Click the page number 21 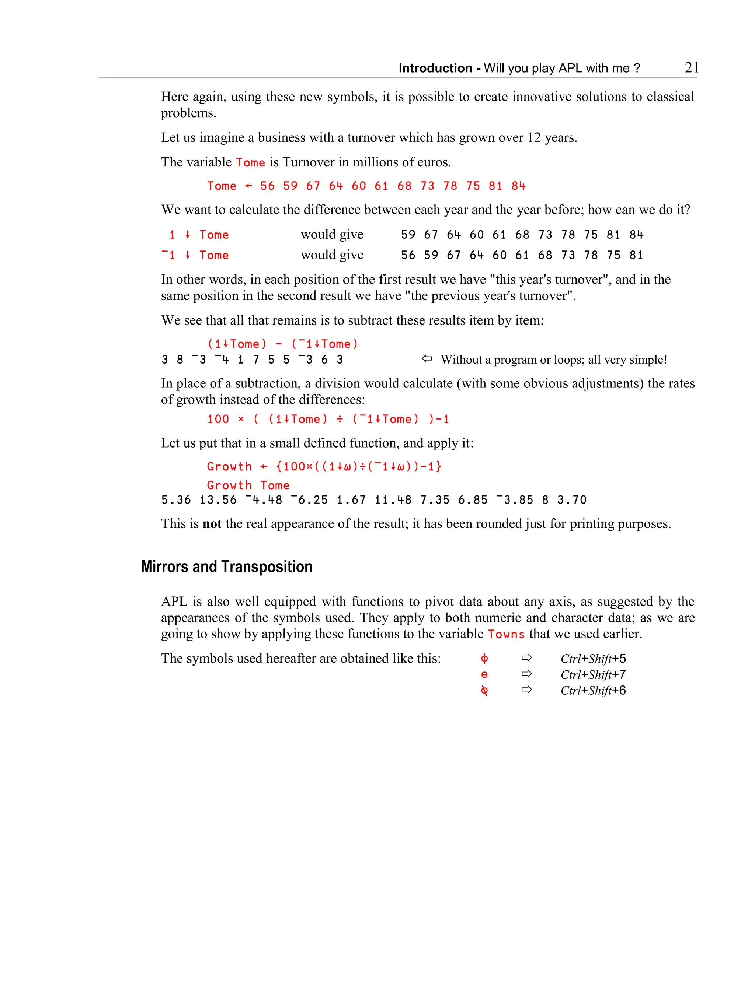pos(691,67)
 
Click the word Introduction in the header pos(435,68)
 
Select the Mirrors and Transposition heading pos(226,567)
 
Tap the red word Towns pos(506,634)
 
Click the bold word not pos(212,523)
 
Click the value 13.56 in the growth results pos(218,500)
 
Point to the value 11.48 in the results pos(393,500)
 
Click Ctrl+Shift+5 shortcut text pos(593,659)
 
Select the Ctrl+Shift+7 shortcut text pos(593,674)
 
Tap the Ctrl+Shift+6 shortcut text pos(593,690)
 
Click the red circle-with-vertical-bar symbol pos(484,659)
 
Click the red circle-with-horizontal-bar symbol pos(484,674)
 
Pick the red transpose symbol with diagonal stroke pos(484,691)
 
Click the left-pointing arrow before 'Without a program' pos(427,359)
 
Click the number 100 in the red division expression pos(218,419)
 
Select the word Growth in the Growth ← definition pos(229,467)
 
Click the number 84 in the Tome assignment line pos(518,186)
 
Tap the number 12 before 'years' pos(534,137)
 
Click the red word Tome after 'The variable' pos(250,162)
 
